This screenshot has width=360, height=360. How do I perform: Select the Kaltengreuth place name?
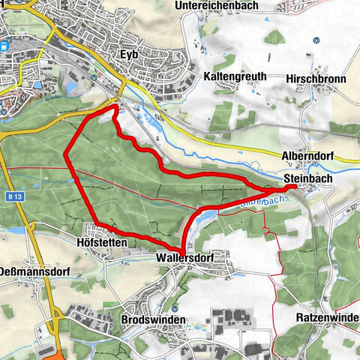(x=235, y=77)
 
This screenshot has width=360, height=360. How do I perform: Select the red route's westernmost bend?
(x=65, y=155)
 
